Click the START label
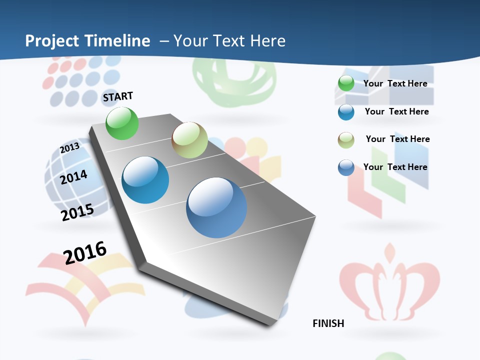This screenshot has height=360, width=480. pyautogui.click(x=118, y=96)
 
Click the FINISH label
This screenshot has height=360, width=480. pyautogui.click(x=328, y=323)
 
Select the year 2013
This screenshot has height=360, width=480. pyautogui.click(x=70, y=148)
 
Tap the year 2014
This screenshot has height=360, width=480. pyautogui.click(x=74, y=177)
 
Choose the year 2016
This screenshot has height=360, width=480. pyautogui.click(x=85, y=252)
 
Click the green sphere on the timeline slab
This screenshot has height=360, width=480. pyautogui.click(x=122, y=123)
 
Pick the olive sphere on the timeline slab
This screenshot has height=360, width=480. pyautogui.click(x=189, y=140)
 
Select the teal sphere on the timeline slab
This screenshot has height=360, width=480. pyautogui.click(x=145, y=180)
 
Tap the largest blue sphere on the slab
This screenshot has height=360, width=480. pyautogui.click(x=216, y=207)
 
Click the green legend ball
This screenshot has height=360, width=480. pyautogui.click(x=346, y=83)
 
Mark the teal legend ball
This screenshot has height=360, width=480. pyautogui.click(x=346, y=112)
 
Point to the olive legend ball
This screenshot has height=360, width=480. pyautogui.click(x=346, y=140)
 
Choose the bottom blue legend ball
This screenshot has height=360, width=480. pyautogui.click(x=346, y=167)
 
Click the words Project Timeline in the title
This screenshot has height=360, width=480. pyautogui.click(x=87, y=41)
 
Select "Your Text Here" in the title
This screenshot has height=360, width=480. pyautogui.click(x=229, y=41)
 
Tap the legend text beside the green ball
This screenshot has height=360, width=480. pyautogui.click(x=395, y=83)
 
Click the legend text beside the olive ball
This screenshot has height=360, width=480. pyautogui.click(x=397, y=139)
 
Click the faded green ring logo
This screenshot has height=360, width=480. pyautogui.click(x=234, y=82)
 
